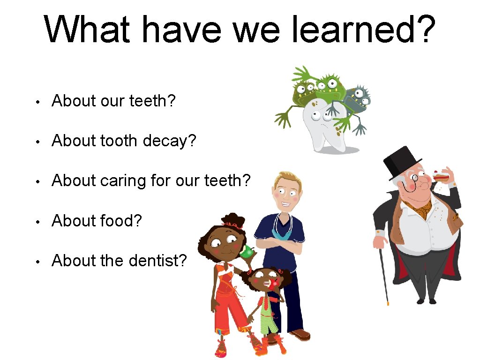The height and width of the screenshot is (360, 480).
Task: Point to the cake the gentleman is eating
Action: coord(441,177)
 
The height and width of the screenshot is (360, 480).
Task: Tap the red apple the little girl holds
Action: coord(274,282)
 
